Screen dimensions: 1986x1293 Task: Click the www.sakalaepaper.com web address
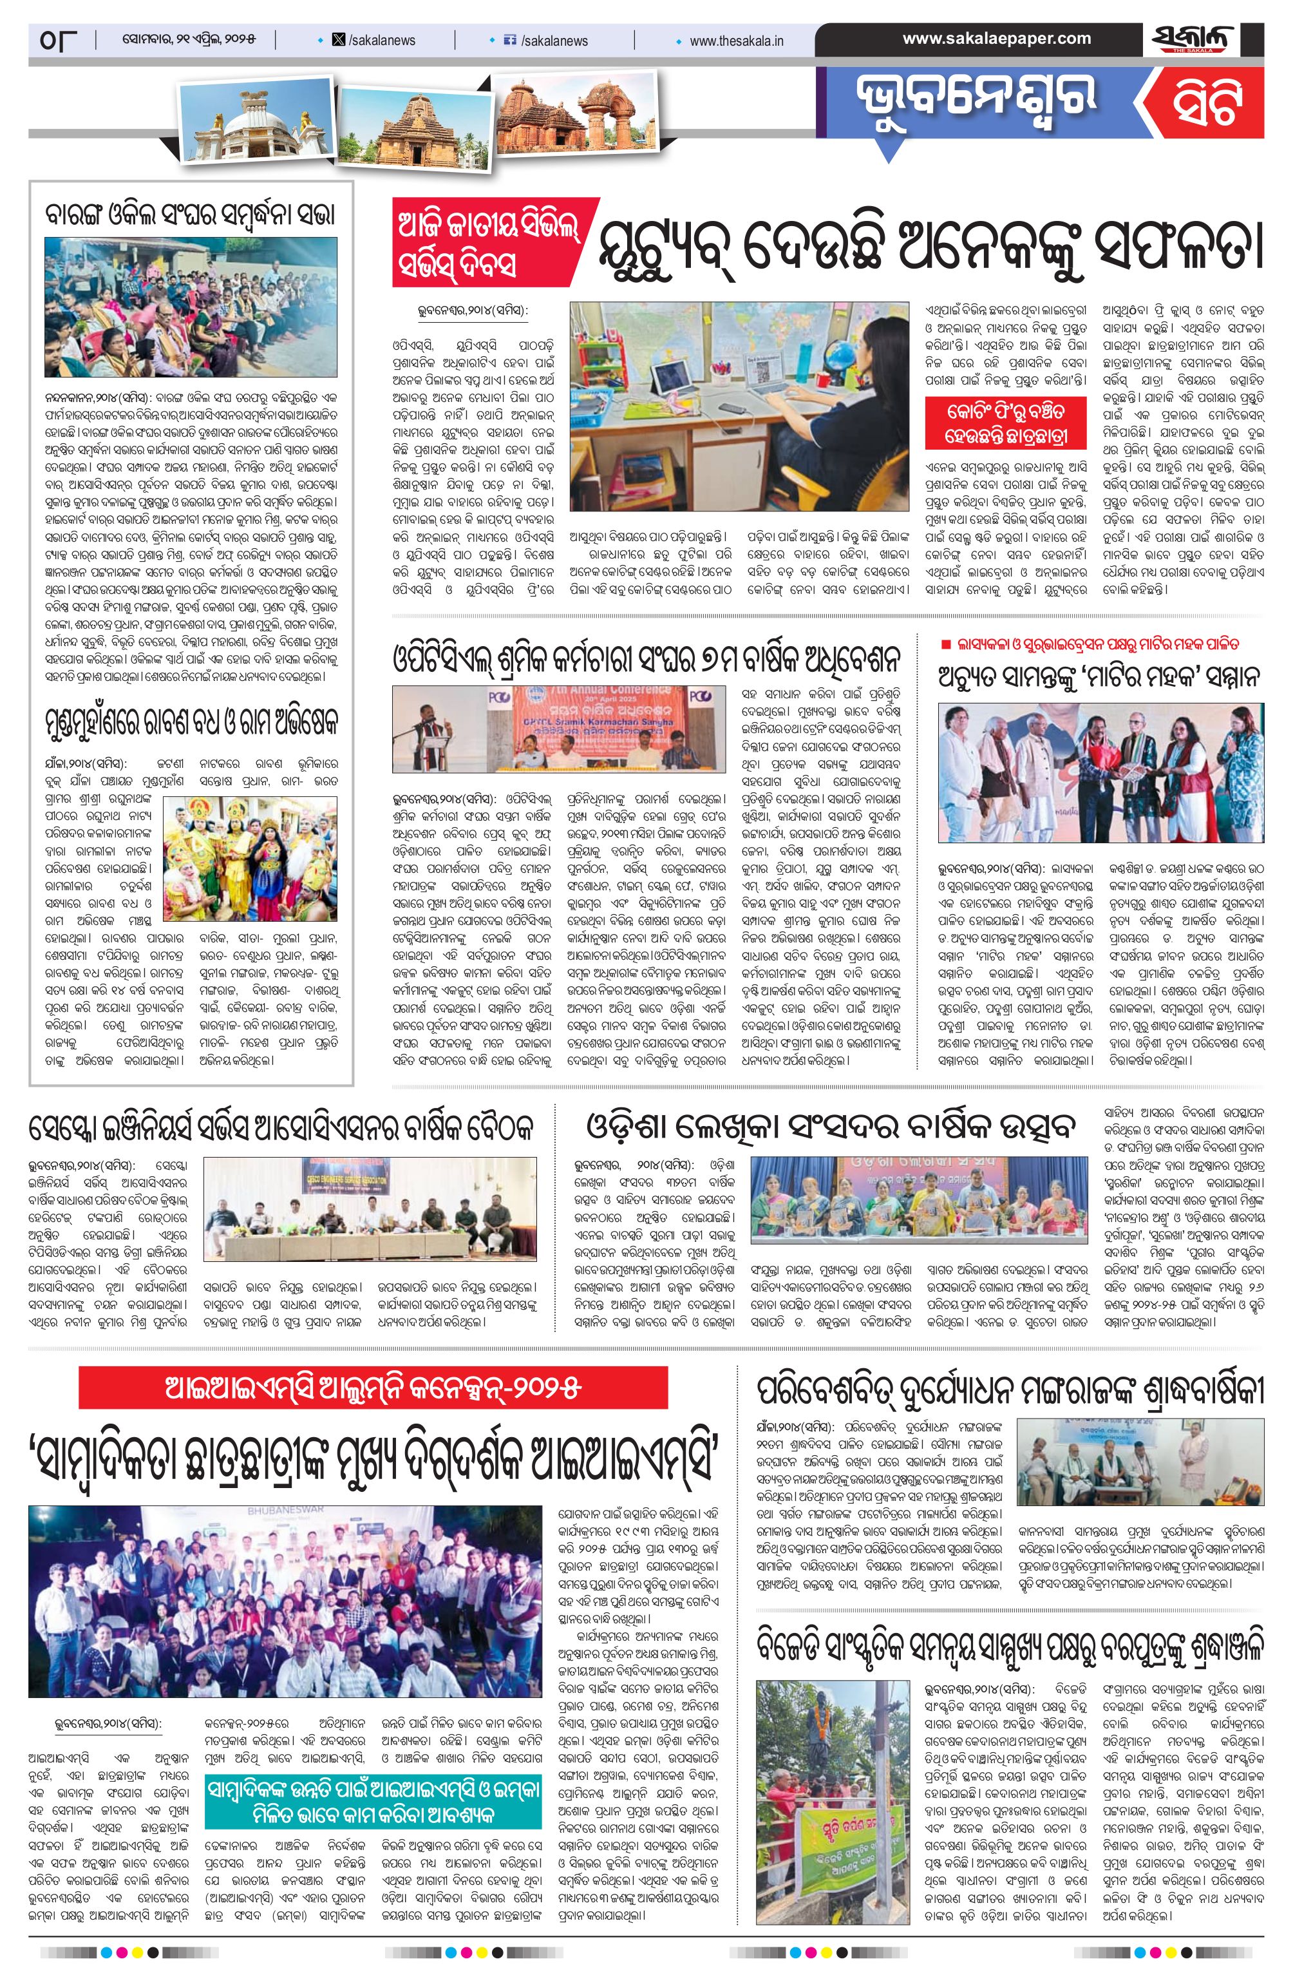pyautogui.click(x=996, y=39)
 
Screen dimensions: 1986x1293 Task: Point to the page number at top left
pyautogui.click(x=57, y=39)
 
